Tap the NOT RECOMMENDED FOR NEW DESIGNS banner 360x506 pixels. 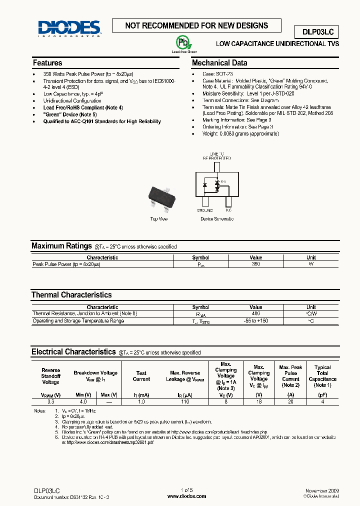coord(196,26)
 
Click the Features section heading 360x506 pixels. coord(47,63)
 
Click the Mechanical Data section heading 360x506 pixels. coord(219,63)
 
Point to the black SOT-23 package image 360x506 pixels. coord(162,198)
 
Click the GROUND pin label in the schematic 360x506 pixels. coord(204,210)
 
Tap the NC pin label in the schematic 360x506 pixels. coord(228,210)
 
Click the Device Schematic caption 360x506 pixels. coord(216,219)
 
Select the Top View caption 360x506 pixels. coord(159,219)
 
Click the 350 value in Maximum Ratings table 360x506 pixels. coord(255,263)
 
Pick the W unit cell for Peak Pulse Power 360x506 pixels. coord(311,263)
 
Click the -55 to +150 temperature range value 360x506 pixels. coord(255,320)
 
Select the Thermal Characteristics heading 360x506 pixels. coord(71,295)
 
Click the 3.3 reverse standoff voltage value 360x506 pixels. coord(50,401)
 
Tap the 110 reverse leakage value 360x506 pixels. coord(184,401)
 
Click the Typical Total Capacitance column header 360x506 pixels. coord(322,376)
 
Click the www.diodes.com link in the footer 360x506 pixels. coord(186,496)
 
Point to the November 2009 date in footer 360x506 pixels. coord(322,491)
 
